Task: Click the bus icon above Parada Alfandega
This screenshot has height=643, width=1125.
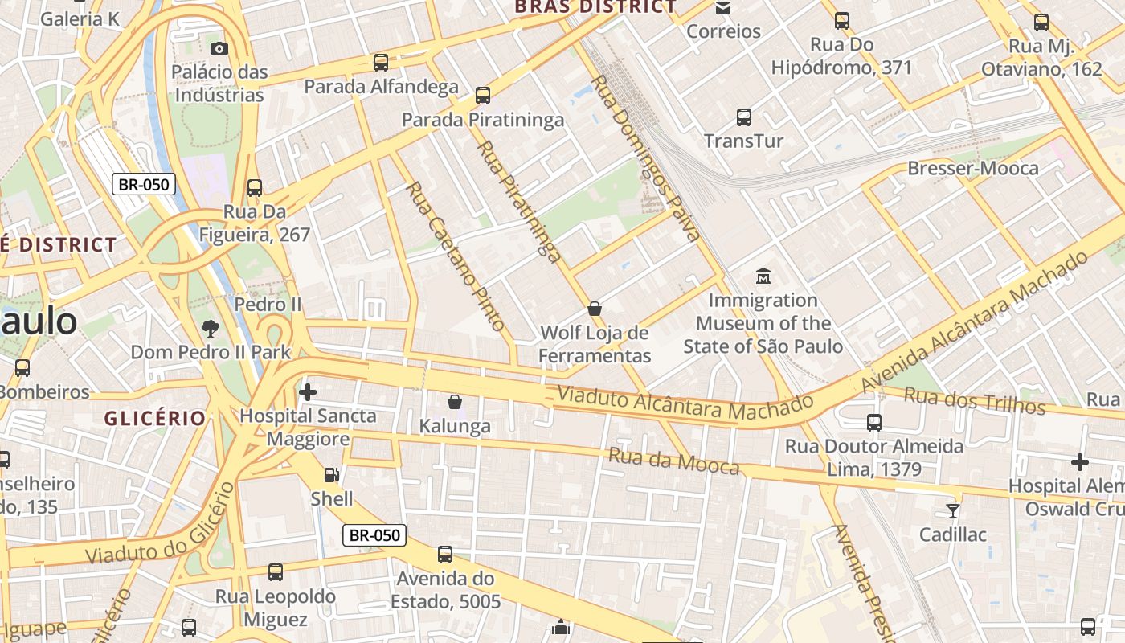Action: [381, 62]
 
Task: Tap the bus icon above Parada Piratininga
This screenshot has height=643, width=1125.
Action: [483, 96]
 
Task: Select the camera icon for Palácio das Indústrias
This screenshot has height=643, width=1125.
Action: [219, 49]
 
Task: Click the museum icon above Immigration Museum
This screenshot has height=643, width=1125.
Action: [763, 276]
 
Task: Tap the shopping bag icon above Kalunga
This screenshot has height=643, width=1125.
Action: [455, 401]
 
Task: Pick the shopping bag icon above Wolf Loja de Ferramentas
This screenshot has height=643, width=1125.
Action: [595, 308]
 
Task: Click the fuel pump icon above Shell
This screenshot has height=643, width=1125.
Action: [331, 475]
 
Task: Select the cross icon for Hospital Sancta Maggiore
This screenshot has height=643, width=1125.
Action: [307, 392]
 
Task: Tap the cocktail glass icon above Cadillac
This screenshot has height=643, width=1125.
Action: [953, 510]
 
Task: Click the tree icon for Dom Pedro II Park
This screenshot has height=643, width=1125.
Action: [211, 328]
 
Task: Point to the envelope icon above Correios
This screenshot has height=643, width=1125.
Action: [723, 8]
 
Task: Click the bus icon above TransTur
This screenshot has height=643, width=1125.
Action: [744, 117]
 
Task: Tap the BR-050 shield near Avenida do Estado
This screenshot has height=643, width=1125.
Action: [374, 535]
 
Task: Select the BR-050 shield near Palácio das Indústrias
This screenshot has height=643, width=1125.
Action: [144, 184]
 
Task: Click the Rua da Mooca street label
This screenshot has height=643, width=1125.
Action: [673, 461]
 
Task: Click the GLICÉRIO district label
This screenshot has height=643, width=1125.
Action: [154, 418]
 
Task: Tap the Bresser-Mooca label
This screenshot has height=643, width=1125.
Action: [973, 168]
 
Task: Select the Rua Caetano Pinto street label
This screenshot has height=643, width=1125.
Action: [456, 256]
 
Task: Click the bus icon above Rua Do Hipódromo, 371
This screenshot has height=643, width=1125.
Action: [841, 21]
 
